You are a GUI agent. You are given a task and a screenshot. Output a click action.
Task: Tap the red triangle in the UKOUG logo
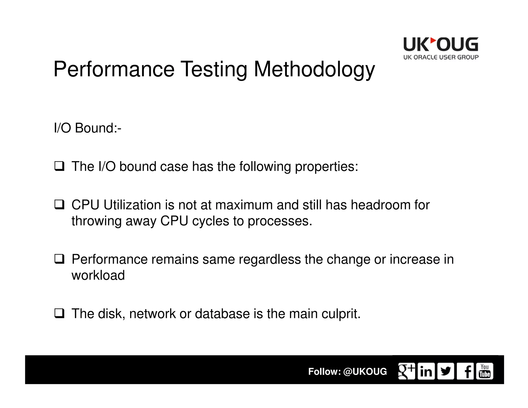[433, 41]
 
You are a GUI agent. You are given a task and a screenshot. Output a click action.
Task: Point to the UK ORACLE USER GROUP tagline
[441, 57]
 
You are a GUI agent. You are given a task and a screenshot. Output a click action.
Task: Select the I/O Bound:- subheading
[87, 128]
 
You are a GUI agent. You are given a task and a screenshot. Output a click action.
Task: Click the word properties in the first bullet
[326, 167]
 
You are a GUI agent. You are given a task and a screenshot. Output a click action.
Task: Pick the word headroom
[381, 205]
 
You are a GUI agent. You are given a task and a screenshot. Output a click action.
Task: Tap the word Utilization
[132, 205]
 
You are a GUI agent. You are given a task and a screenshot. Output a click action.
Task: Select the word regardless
[269, 259]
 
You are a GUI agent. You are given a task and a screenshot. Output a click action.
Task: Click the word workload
[98, 275]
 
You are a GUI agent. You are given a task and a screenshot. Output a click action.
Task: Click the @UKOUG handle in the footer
[365, 371]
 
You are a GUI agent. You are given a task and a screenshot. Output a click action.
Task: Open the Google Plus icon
[406, 371]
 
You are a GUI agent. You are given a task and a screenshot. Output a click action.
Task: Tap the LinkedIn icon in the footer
[426, 371]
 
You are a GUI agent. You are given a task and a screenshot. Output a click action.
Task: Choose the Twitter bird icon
[445, 371]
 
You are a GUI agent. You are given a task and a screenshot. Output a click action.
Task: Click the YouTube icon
[484, 371]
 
